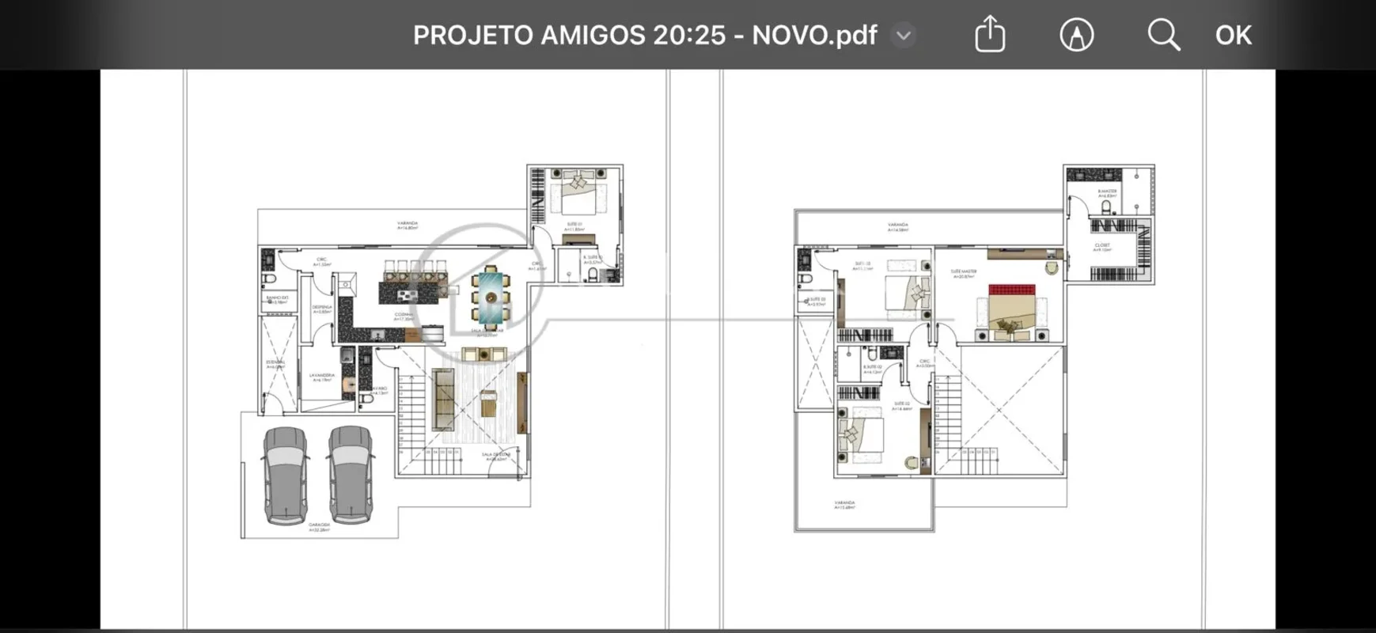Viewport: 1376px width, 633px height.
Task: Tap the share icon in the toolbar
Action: point(989,35)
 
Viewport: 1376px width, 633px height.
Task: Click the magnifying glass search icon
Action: point(1163,35)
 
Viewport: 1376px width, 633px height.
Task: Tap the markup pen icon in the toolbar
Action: point(1076,35)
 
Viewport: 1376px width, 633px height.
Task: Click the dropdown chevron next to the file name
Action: point(904,35)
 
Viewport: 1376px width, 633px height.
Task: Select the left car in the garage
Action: point(286,475)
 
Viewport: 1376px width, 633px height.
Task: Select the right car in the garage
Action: point(351,475)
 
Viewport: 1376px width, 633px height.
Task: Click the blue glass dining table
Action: point(491,298)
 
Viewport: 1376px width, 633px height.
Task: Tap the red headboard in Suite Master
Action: point(1011,290)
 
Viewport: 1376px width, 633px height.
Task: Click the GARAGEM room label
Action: point(319,525)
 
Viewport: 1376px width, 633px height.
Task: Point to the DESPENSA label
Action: point(322,309)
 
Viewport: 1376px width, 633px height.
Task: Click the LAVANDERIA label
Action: point(322,377)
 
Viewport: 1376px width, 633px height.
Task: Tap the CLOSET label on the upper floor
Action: point(1102,247)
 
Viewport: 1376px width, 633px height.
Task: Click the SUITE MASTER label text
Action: point(963,273)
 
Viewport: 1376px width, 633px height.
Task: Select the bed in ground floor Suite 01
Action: point(579,194)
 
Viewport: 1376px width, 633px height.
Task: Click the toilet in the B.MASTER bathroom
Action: point(1106,207)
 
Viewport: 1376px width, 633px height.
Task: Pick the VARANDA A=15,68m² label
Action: point(844,504)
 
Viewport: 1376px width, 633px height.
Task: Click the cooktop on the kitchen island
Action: point(407,294)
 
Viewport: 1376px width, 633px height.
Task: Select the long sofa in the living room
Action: point(444,400)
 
